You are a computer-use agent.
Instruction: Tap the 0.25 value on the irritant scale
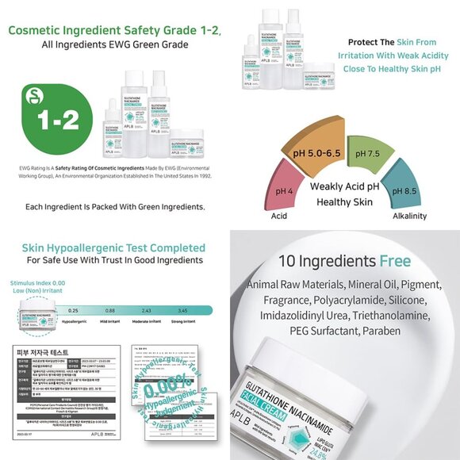73,310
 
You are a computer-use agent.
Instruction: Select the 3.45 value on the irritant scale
182,310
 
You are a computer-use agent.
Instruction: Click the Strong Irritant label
182,323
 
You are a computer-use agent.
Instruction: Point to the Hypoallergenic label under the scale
74,323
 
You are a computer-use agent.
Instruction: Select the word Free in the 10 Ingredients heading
394,261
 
